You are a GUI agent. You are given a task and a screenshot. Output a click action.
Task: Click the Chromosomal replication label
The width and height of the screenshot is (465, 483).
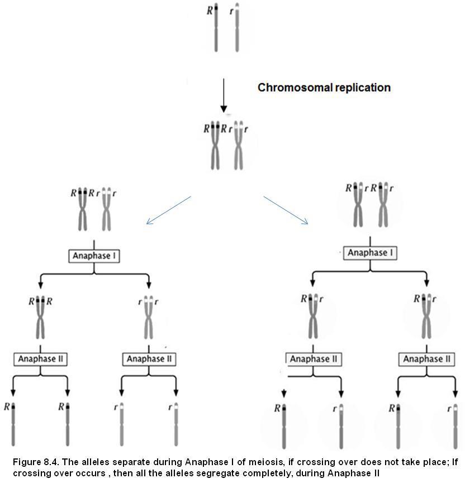[324, 88]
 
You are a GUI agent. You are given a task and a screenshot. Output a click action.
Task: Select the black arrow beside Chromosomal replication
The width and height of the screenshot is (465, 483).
[223, 95]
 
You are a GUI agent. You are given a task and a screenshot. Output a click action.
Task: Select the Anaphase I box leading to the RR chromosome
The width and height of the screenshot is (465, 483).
[94, 256]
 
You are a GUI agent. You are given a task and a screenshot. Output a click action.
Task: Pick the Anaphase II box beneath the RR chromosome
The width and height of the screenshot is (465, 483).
[41, 358]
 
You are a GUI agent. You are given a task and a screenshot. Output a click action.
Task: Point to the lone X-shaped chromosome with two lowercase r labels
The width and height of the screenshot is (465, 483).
[149, 315]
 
